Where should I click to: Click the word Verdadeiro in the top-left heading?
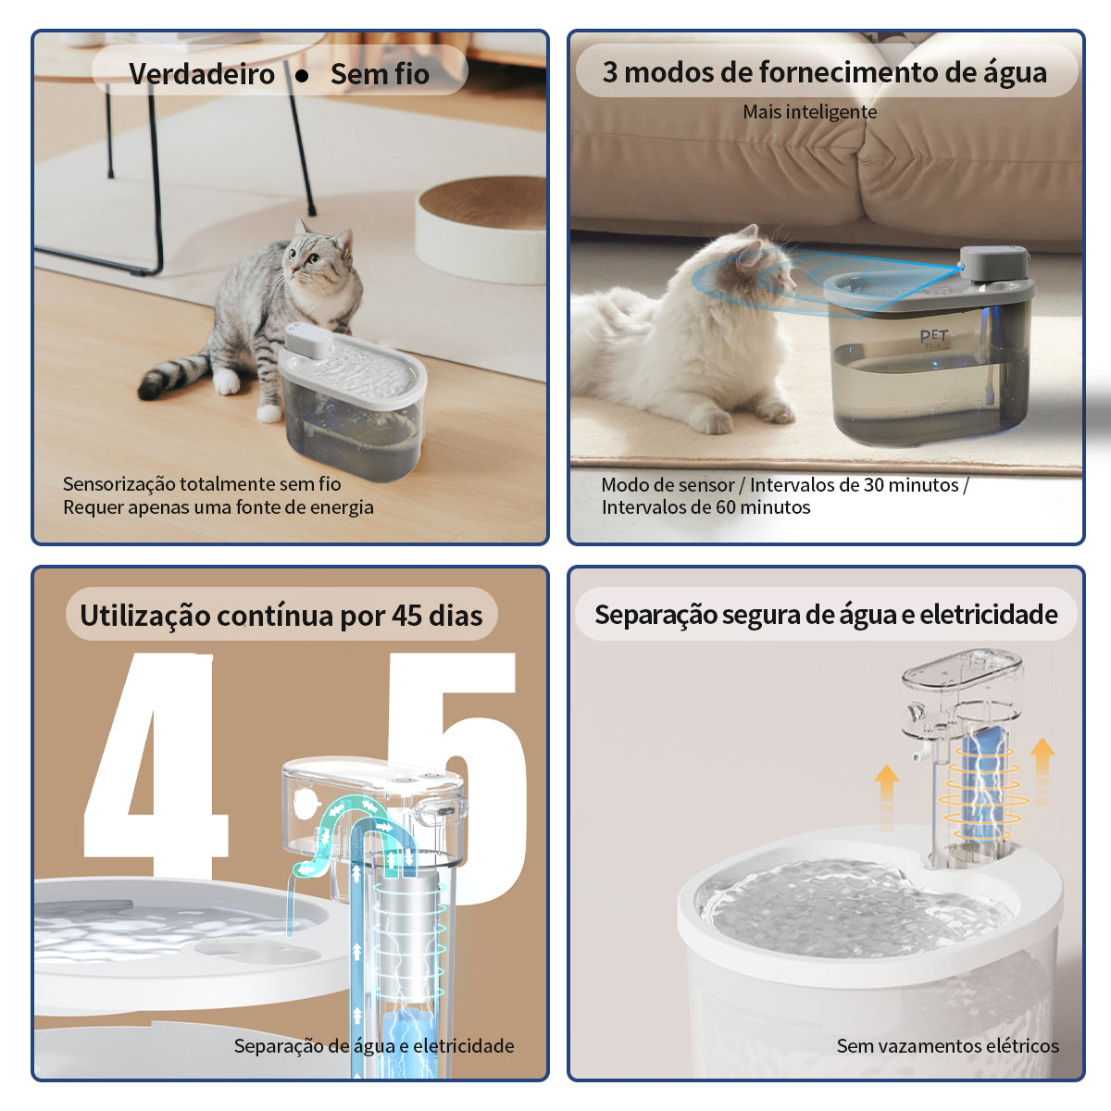click(202, 74)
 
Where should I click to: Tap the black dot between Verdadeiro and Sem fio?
click(302, 75)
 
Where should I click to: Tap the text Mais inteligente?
click(809, 112)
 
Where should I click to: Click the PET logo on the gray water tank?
click(934, 337)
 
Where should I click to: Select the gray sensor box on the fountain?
click(994, 264)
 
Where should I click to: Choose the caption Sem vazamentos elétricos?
click(947, 1046)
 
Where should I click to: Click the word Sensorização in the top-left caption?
click(119, 484)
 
